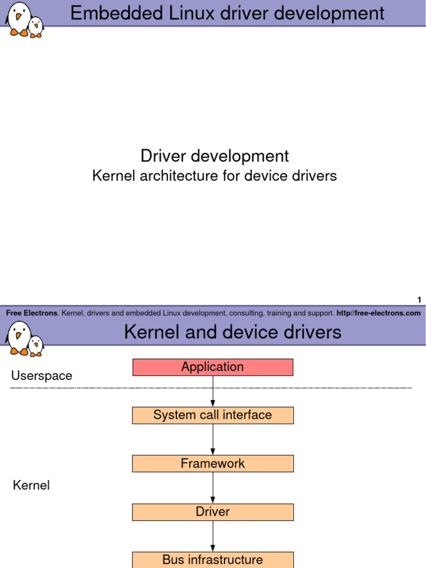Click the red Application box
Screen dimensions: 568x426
tap(212, 367)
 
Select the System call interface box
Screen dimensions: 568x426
tap(212, 415)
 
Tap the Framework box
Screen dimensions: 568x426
tap(212, 464)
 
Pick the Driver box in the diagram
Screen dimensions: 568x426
tap(212, 512)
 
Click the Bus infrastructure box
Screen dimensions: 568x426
tap(212, 560)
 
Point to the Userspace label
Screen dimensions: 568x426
tap(42, 376)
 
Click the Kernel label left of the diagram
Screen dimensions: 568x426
tap(31, 486)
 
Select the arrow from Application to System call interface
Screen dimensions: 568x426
tap(213, 391)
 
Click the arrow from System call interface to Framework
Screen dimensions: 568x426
tap(213, 439)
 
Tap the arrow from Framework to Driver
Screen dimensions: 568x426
tap(213, 488)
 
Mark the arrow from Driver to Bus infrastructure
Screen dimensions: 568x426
tap(213, 536)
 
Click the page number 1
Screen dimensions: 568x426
tap(419, 300)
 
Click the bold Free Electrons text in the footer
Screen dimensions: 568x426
tap(32, 313)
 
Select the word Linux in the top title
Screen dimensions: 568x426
tap(200, 13)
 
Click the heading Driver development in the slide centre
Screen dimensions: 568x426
tap(214, 156)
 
